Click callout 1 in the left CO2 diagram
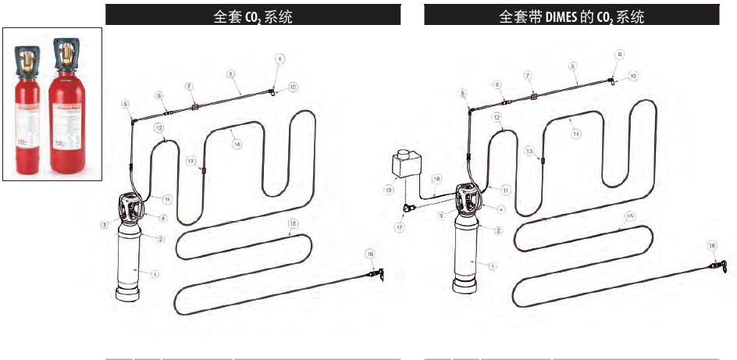click(155, 274)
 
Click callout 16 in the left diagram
click(370, 254)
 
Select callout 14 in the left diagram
click(237, 144)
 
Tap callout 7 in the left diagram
click(189, 86)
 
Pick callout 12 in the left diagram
click(158, 127)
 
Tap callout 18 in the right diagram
click(436, 179)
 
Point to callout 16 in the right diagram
click(711, 245)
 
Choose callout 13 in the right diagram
click(529, 150)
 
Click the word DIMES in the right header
click(557, 16)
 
